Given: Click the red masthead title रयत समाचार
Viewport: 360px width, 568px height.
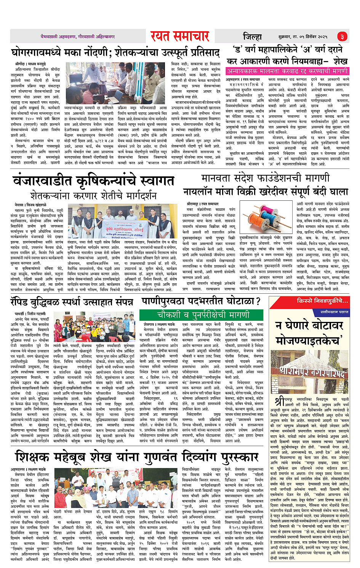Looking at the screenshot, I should point(180,36).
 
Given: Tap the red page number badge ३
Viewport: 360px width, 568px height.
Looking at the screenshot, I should point(342,37).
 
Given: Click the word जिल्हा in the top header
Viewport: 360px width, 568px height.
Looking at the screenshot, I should point(253,37).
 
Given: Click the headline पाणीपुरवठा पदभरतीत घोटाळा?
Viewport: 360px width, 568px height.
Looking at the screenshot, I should point(201,301).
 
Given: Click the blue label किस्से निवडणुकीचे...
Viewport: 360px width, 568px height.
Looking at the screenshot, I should point(322,301).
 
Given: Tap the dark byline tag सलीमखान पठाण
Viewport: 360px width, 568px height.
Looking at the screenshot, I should point(334,312).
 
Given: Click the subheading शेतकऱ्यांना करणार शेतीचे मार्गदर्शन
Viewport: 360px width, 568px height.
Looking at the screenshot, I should point(93,196).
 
